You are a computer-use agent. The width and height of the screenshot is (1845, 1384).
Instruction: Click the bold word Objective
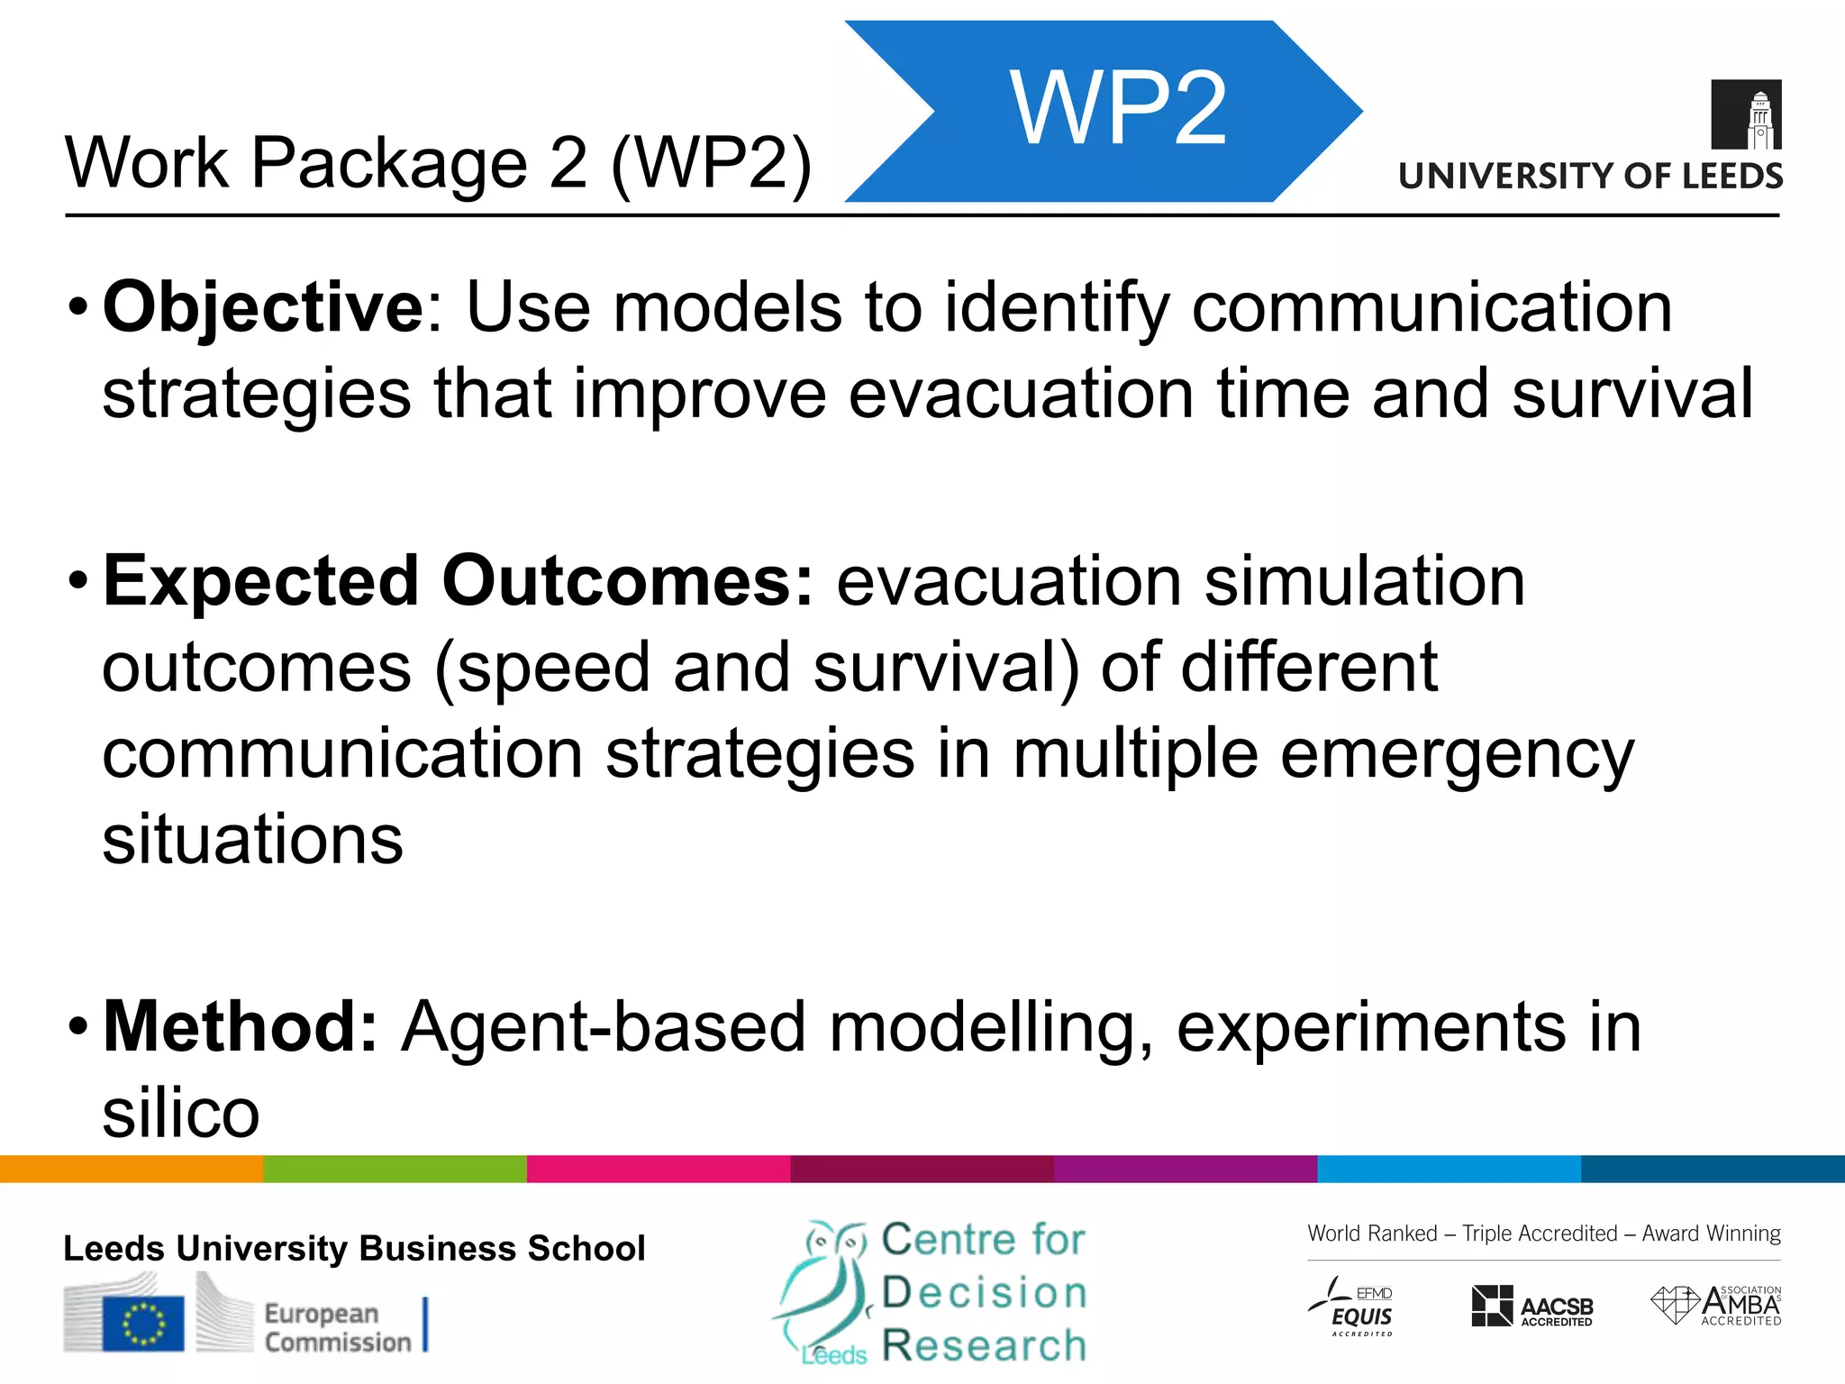pyautogui.click(x=262, y=308)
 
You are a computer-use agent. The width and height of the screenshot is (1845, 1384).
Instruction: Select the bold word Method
pyautogui.click(x=240, y=1027)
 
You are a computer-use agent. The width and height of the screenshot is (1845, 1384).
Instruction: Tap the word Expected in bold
pyautogui.click(x=261, y=582)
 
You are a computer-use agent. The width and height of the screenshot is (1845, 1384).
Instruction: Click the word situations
pyautogui.click(x=252, y=840)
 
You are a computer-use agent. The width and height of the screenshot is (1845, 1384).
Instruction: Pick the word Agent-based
pyautogui.click(x=603, y=1027)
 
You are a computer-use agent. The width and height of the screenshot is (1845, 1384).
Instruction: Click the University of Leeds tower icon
pyautogui.click(x=1746, y=114)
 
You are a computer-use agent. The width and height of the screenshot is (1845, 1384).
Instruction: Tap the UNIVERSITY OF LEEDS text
pyautogui.click(x=1590, y=176)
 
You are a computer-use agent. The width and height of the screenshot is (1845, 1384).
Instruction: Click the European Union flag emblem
pyautogui.click(x=143, y=1323)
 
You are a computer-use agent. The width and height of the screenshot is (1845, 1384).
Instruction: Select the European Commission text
pyautogui.click(x=337, y=1328)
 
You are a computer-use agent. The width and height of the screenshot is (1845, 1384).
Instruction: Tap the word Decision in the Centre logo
pyautogui.click(x=984, y=1292)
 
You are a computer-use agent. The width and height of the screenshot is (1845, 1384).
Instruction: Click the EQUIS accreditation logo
pyautogui.click(x=1351, y=1307)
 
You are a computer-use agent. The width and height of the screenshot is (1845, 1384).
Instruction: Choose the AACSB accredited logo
pyautogui.click(x=1531, y=1307)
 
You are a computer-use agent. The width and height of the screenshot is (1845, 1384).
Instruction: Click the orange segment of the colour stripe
pyautogui.click(x=132, y=1169)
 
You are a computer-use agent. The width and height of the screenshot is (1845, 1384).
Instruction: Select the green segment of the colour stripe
pyautogui.click(x=395, y=1169)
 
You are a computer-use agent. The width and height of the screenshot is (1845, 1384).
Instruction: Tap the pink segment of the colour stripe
pyautogui.click(x=659, y=1169)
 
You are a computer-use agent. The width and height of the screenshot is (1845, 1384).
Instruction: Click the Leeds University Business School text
pyautogui.click(x=354, y=1249)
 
